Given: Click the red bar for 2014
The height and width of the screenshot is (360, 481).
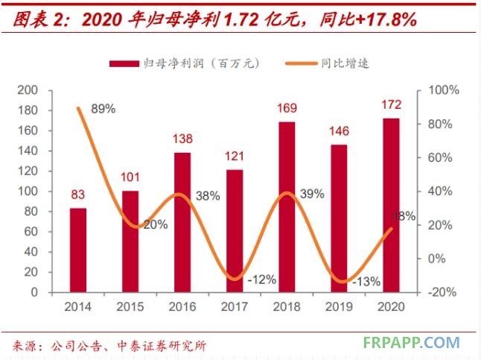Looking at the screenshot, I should (x=77, y=250).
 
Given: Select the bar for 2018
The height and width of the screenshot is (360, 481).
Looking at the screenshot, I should (x=287, y=206).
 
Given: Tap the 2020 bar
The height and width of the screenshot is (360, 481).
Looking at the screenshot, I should (x=391, y=205).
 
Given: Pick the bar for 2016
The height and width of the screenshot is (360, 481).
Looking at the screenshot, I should (x=182, y=222).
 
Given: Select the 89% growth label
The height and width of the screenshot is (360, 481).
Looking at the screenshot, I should (x=103, y=109).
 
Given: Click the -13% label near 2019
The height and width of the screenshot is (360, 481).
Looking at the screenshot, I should (x=365, y=282).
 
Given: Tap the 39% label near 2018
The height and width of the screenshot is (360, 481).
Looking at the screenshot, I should (x=312, y=194).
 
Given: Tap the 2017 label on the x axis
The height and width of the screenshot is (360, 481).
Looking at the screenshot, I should (x=235, y=306).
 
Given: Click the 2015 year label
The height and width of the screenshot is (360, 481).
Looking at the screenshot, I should (x=130, y=306).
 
